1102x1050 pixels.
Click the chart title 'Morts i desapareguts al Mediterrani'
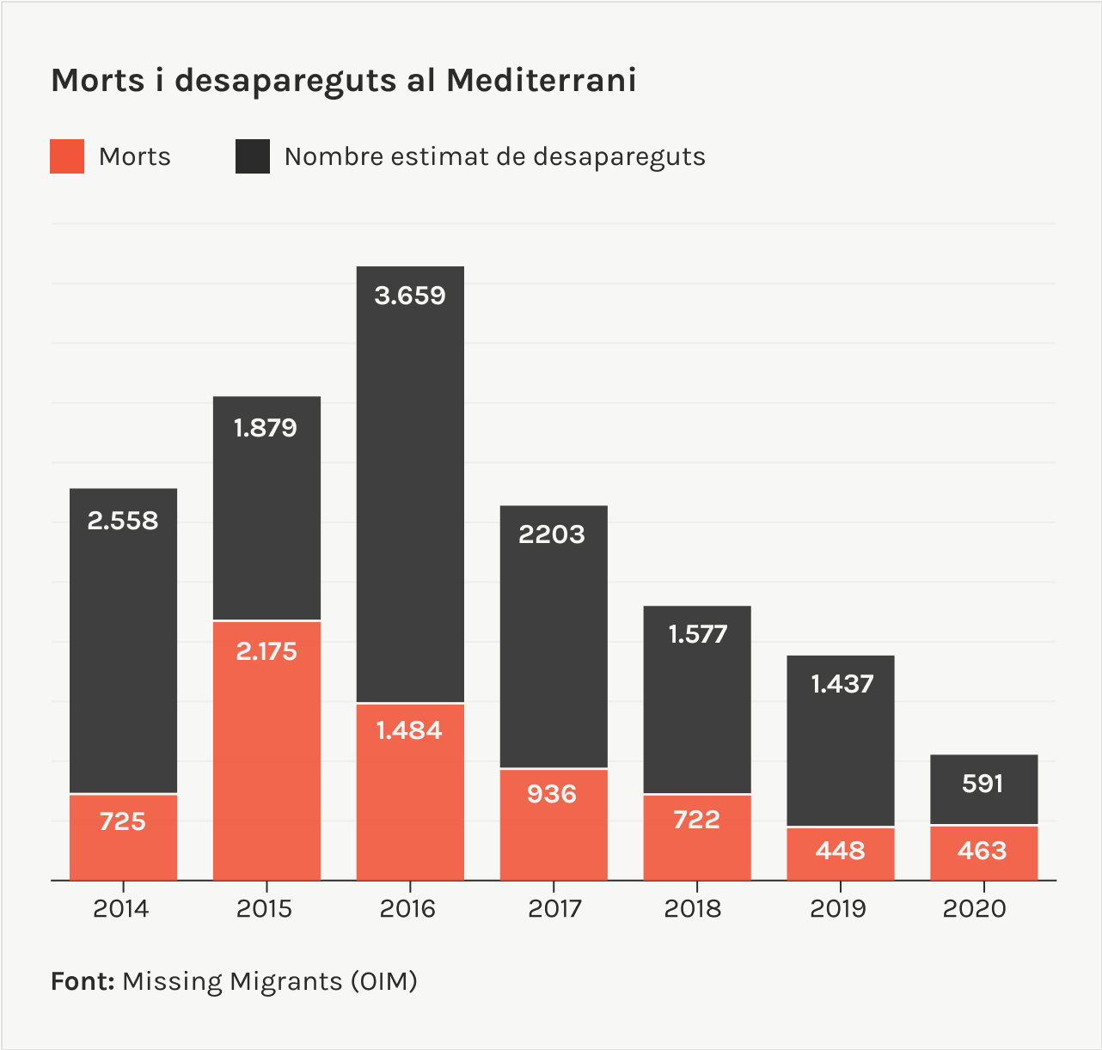pos(344,81)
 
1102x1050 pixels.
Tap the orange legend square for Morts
pos(67,156)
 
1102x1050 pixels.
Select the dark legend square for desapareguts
pos(252,156)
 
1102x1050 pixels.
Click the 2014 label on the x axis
pos(121,908)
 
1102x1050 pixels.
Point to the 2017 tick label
pos(554,908)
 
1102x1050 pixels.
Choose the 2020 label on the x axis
pos(974,908)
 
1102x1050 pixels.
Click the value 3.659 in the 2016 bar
pos(410,296)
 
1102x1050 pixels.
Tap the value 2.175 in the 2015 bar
pos(266,651)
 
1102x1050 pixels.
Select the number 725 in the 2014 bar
pos(122,821)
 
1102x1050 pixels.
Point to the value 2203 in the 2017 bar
pos(552,534)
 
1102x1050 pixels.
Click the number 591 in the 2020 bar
pos(983,784)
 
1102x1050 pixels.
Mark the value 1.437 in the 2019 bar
pos(842,684)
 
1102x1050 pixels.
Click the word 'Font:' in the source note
pos(83,981)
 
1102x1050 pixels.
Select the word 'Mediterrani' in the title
pos(541,81)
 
